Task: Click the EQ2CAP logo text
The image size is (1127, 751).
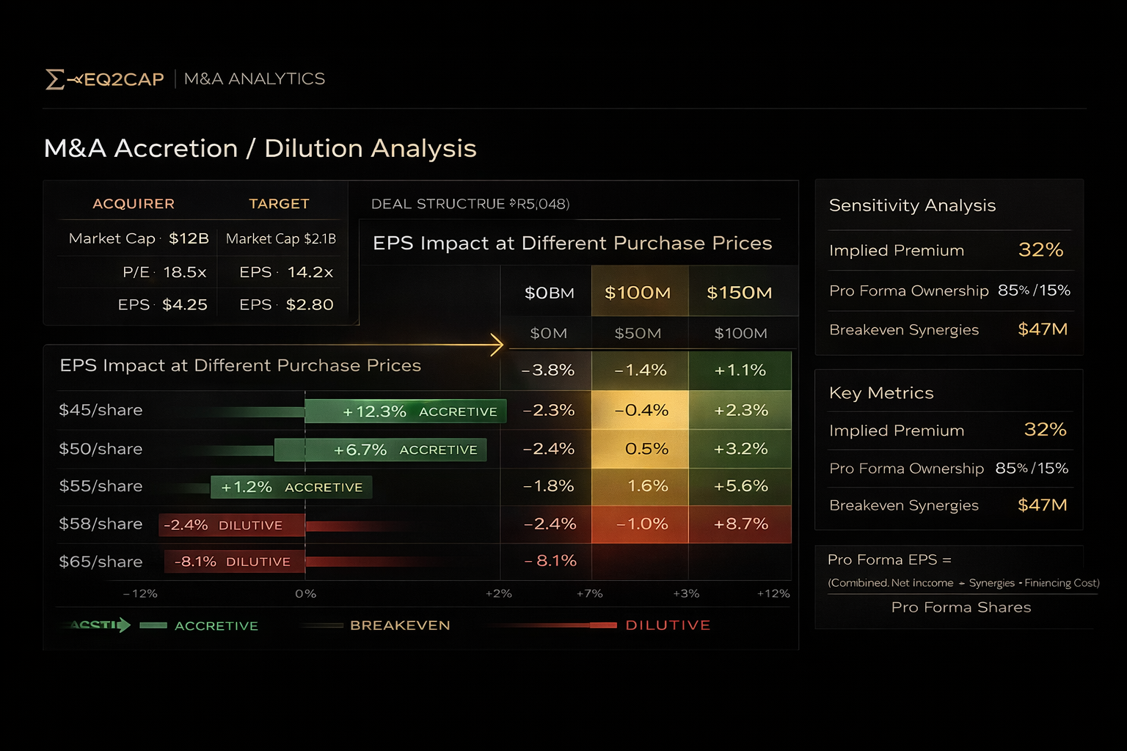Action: pos(123,79)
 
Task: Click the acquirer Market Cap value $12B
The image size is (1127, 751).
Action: pos(189,238)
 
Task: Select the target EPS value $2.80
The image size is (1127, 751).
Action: pos(310,304)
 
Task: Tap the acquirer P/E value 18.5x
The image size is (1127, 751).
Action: pos(184,272)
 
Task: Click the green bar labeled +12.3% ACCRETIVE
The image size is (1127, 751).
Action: pos(405,411)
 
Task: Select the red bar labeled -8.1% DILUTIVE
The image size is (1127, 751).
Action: pos(233,562)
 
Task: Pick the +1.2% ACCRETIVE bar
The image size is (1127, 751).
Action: pos(291,487)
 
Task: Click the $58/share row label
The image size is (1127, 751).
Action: pos(101,524)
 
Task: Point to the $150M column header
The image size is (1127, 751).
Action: pos(739,293)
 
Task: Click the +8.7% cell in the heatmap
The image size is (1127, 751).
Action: pos(740,524)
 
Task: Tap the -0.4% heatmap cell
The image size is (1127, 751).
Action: pos(641,410)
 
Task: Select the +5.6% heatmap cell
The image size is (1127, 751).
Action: pos(740,486)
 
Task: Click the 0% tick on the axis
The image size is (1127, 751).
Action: pos(305,593)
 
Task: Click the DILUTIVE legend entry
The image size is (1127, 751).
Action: pos(667,625)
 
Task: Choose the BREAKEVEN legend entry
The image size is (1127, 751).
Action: pos(399,625)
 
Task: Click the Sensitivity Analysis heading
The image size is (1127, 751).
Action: pos(912,205)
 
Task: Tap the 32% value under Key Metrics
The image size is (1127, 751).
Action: pos(1045,429)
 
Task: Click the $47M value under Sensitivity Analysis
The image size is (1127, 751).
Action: pos(1042,329)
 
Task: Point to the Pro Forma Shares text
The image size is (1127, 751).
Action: pos(960,607)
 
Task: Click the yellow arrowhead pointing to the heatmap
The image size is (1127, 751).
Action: pos(497,344)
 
